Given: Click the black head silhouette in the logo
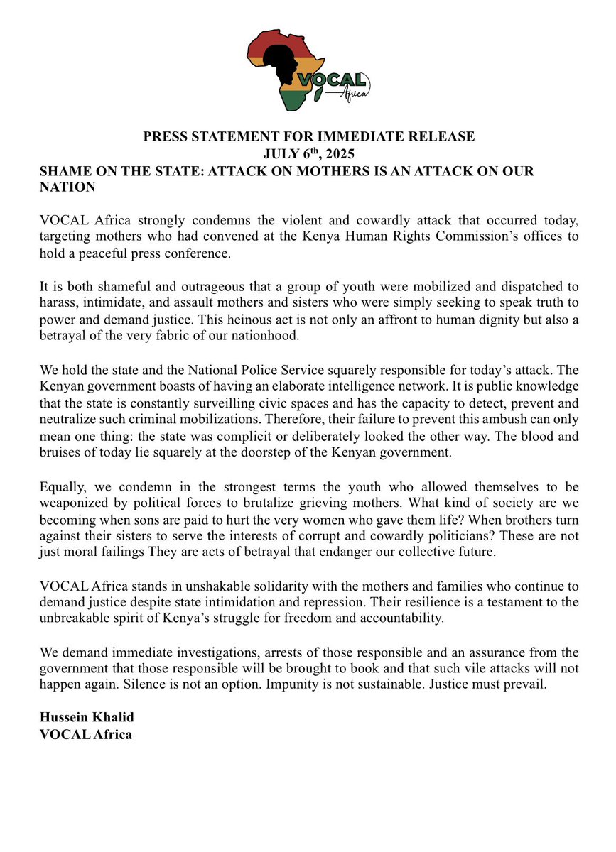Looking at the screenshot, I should point(293,68).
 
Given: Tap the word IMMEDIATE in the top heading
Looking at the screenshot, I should point(345,136).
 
